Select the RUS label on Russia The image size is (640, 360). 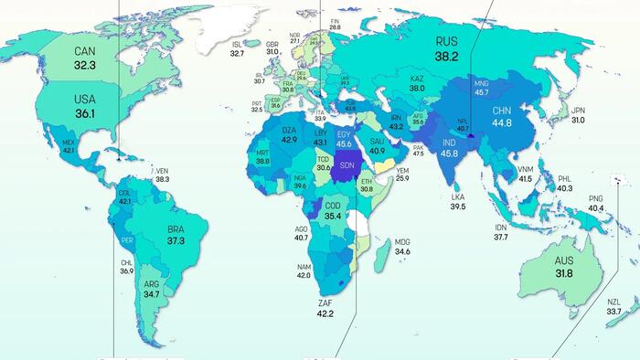pos(446,40)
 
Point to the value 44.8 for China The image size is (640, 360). pos(501,123)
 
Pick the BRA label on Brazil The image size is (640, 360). pos(176,229)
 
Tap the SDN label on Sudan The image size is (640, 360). pos(347,166)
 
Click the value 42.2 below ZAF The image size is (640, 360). pos(325,314)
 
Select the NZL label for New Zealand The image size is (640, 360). pos(613,302)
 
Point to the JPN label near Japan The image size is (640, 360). pos(578,111)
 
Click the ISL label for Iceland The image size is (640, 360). pos(237,44)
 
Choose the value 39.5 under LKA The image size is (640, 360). pos(458,206)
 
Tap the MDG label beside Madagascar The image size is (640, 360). pos(402,242)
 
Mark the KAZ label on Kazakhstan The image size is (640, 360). pos(417,79)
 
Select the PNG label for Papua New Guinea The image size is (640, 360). pos(595,199)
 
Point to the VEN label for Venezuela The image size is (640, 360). pos(163,171)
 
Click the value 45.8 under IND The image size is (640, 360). pos(449,154)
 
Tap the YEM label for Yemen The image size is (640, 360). pos(402,169)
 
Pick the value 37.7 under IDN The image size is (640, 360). pos(501,237)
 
